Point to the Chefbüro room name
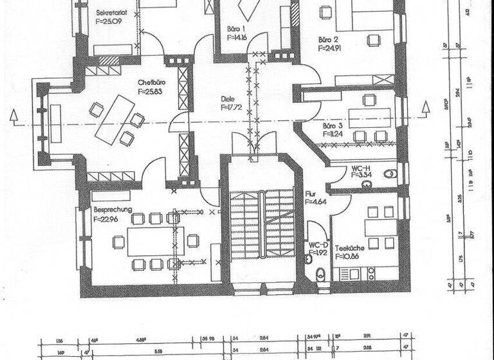[x=152, y=83]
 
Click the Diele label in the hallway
[x=227, y=99]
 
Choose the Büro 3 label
[x=332, y=126]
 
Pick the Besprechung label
[x=113, y=210]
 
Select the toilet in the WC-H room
[x=390, y=174]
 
